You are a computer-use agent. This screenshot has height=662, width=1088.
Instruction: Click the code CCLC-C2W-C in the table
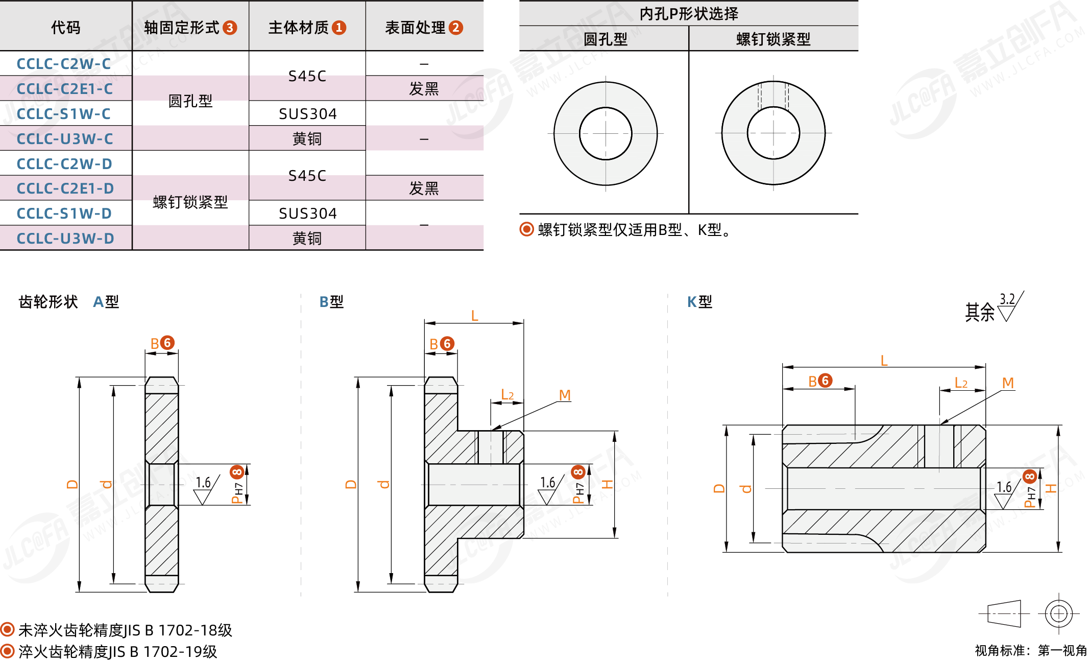pos(64,64)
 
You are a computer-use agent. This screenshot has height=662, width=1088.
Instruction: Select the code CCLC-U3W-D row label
pos(65,239)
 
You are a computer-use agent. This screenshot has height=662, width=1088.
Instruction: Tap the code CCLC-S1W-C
pos(64,114)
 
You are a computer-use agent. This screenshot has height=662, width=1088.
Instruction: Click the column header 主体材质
pos(299,28)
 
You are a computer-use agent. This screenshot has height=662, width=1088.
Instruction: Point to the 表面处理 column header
pos(416,28)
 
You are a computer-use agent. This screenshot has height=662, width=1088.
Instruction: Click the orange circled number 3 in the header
pos(230,28)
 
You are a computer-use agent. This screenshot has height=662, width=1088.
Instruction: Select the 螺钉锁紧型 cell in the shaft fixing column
pos(190,202)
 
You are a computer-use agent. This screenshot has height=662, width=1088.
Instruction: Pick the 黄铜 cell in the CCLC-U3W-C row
pos(307,139)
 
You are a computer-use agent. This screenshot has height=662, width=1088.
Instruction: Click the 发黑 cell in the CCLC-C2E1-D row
pos(424,188)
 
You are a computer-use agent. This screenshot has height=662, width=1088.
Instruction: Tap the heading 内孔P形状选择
pos(689,13)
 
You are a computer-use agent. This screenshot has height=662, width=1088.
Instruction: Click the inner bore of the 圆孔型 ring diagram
pos(606,133)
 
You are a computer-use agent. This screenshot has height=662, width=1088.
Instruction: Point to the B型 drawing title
pos(331,302)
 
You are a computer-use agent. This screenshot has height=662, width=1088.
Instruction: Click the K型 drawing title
pos(699,302)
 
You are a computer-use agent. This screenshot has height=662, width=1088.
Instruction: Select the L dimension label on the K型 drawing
pos(884,361)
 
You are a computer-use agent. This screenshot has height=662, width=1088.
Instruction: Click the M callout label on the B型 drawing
pos(565,395)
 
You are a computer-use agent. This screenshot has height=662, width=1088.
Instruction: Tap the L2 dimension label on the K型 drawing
pos(961,383)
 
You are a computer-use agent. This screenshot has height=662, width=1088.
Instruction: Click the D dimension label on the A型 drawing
pos(72,484)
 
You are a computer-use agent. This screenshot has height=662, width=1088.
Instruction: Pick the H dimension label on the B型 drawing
pos(607,484)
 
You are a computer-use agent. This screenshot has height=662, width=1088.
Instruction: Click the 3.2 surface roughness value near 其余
pos(1007,299)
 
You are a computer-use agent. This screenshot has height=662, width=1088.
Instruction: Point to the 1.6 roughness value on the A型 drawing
pos(203,482)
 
